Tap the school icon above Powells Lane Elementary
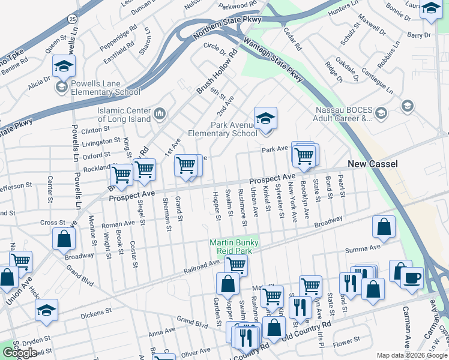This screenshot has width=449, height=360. [63, 67]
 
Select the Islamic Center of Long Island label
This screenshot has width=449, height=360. [124, 114]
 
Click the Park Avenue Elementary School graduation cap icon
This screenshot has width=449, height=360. [265, 118]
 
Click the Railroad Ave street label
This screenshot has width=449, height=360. [201, 266]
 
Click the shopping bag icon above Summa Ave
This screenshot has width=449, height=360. [384, 227]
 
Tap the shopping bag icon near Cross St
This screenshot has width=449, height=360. [64, 239]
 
